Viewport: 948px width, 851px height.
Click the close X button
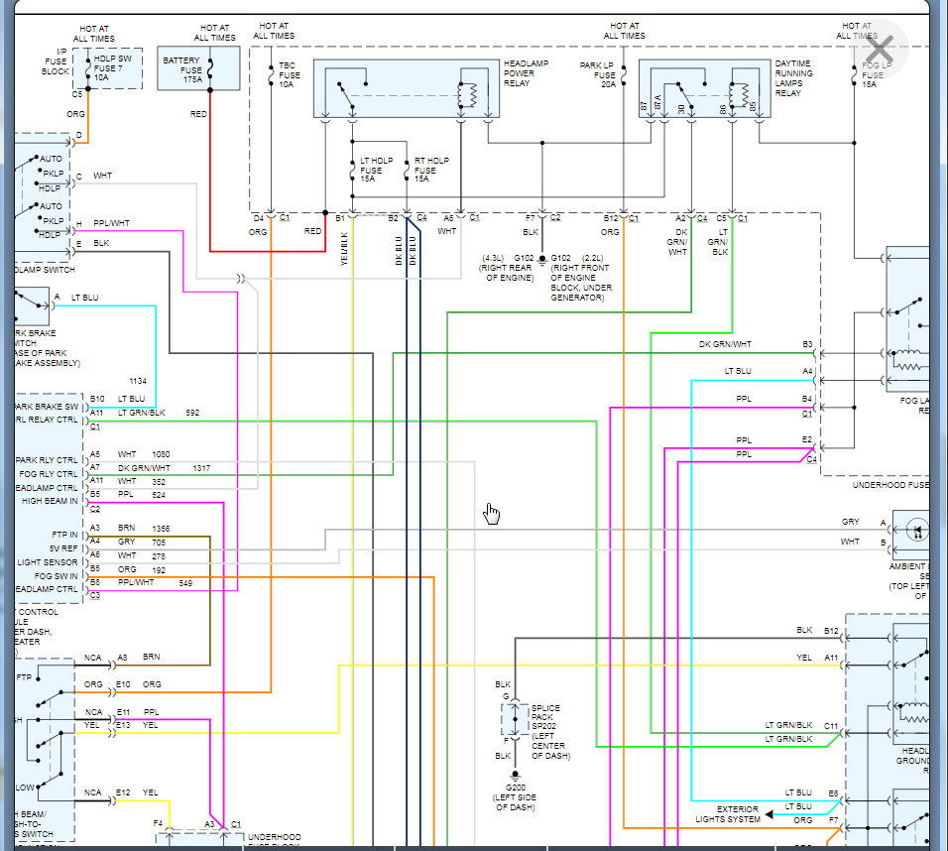[x=880, y=48]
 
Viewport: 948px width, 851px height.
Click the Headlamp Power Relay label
[x=526, y=73]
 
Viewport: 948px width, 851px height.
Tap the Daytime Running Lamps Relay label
[x=794, y=78]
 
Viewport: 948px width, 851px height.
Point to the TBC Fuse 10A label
[x=290, y=75]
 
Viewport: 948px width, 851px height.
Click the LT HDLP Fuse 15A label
[x=377, y=170]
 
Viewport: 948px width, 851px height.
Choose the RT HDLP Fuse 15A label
[x=431, y=170]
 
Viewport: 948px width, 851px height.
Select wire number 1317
[x=201, y=468]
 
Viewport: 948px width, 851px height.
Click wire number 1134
[x=137, y=381]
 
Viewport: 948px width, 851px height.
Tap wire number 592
[x=192, y=413]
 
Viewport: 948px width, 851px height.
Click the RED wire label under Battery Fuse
[x=199, y=114]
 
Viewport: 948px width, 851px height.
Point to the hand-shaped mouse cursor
[x=492, y=513]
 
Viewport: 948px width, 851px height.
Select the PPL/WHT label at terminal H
[x=111, y=223]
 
